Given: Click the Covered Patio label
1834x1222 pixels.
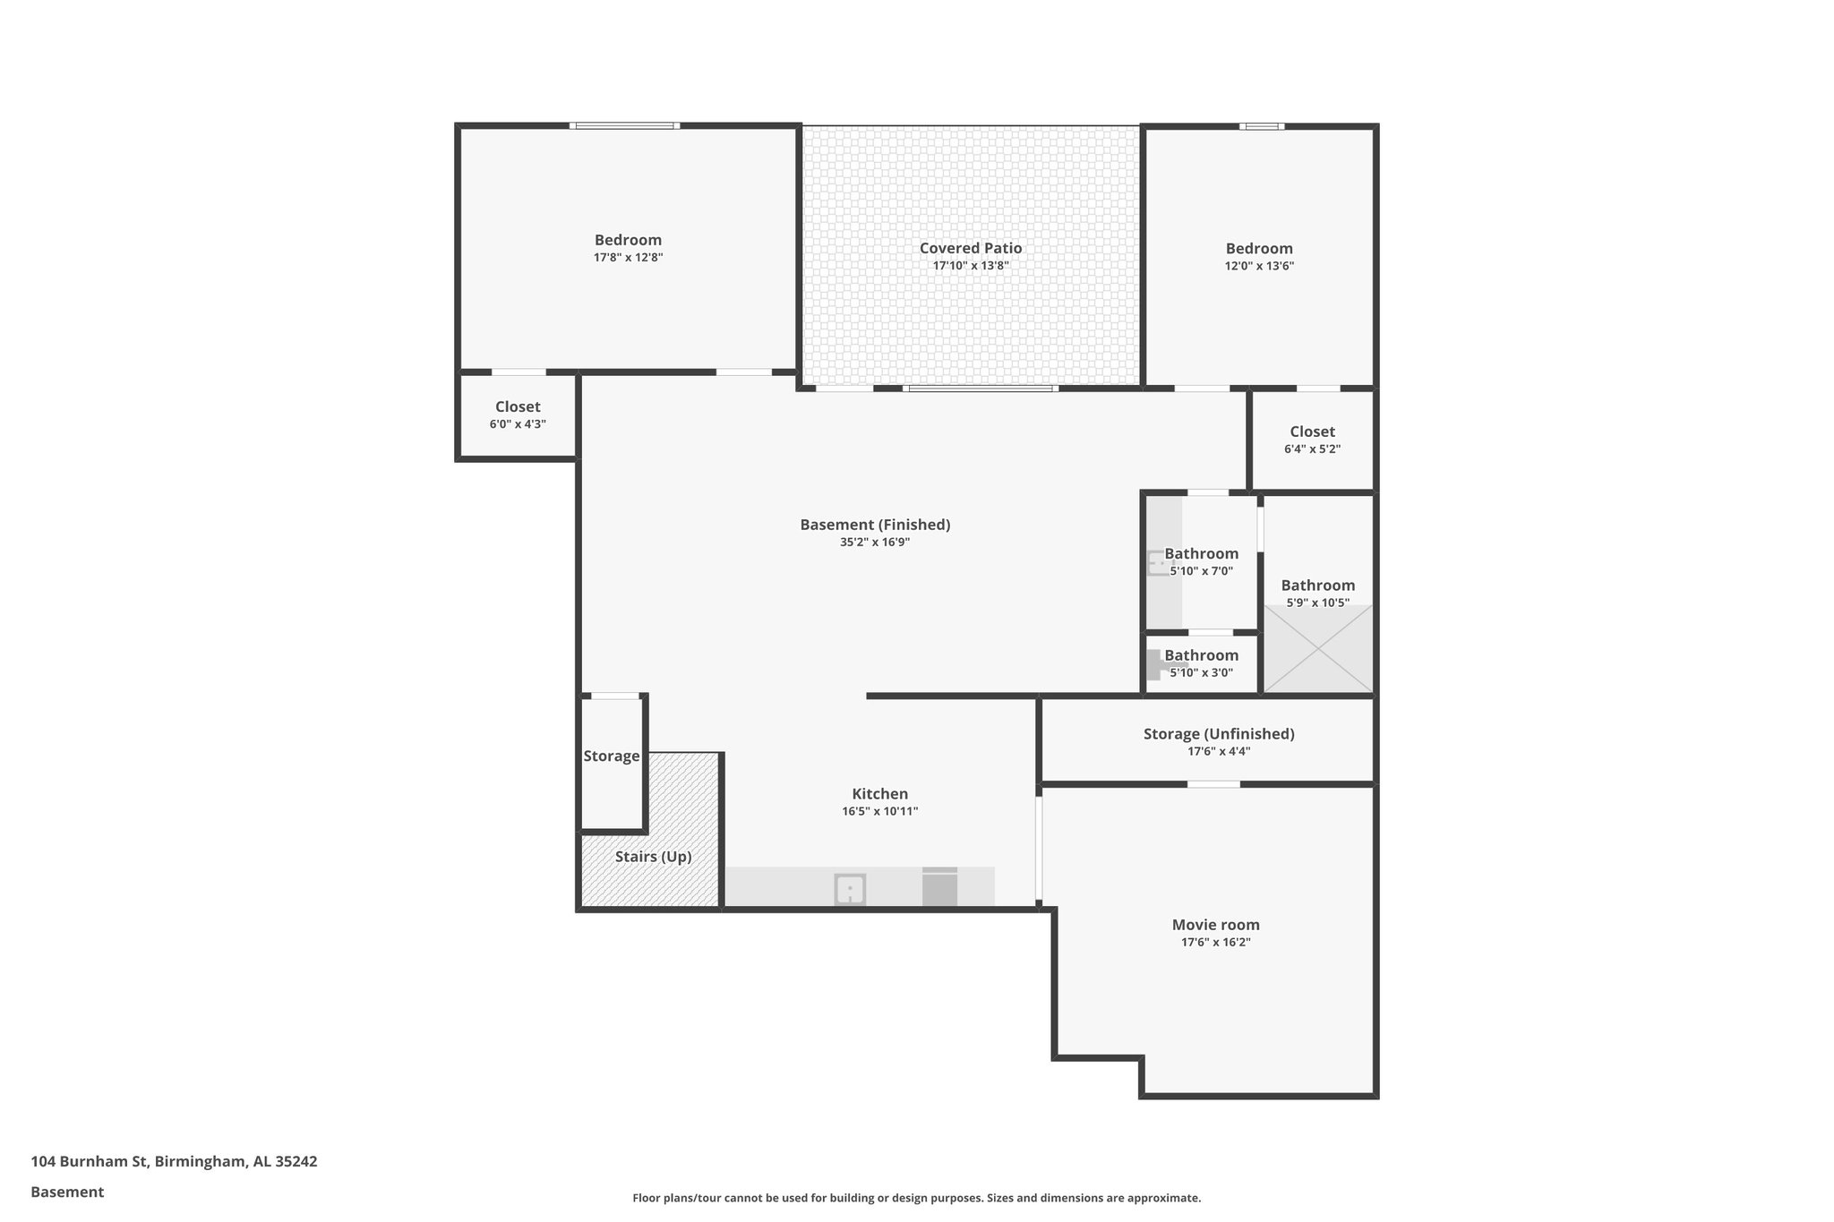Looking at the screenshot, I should click(971, 248).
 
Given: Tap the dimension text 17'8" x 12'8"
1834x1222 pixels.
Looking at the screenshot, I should click(628, 258).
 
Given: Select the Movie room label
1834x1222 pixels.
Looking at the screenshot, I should click(1215, 925).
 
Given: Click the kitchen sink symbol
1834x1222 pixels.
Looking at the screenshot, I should click(850, 890).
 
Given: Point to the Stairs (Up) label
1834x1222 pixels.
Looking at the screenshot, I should click(653, 857).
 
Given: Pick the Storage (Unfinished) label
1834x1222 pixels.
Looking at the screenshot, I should click(1218, 734).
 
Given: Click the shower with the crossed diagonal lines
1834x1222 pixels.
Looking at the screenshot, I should click(1317, 649).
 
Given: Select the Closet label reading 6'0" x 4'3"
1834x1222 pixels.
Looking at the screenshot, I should click(518, 407).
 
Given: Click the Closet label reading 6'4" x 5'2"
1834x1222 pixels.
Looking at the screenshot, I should click(1312, 432).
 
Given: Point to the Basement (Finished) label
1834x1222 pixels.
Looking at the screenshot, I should click(875, 525).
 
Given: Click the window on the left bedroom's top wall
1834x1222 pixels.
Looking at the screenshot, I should click(624, 126).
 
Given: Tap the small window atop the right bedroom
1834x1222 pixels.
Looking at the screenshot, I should click(1261, 126).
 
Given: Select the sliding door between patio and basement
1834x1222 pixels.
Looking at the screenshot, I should click(980, 389).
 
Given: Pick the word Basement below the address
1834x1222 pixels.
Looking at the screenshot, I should click(67, 1192).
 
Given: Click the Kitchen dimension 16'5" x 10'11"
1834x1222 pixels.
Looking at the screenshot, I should click(879, 812).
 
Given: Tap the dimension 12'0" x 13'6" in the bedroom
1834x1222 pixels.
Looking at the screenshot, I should click(1259, 266).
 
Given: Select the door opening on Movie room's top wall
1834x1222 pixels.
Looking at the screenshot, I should click(1213, 784).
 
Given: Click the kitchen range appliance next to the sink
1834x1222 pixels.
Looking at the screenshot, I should click(939, 887).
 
